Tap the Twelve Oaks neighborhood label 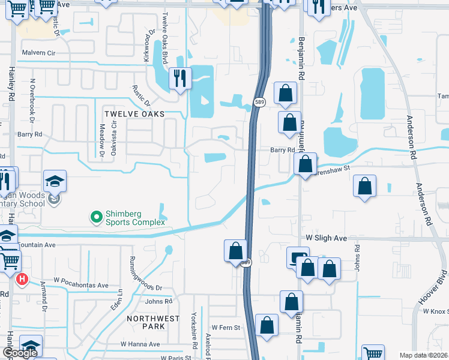(x=134, y=114)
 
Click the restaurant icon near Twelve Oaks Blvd (x=179, y=79)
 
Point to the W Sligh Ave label (x=327, y=238)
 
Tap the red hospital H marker (x=22, y=279)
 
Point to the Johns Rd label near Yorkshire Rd (x=158, y=301)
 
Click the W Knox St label (x=436, y=311)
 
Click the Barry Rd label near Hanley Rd (x=30, y=134)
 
